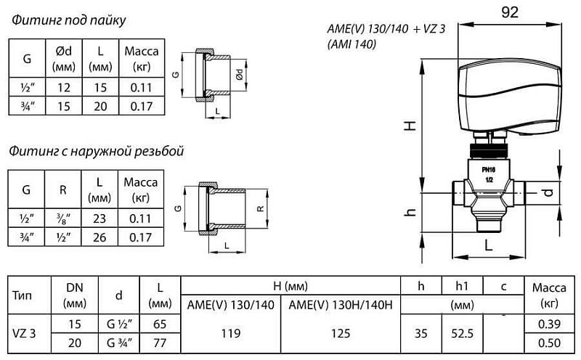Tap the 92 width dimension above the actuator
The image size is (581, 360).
[x=509, y=12]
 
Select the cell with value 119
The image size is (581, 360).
[x=232, y=333]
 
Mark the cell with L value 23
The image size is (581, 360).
[x=99, y=218]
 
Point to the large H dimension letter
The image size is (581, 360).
[x=411, y=125]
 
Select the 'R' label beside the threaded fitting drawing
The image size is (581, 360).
[x=260, y=208]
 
